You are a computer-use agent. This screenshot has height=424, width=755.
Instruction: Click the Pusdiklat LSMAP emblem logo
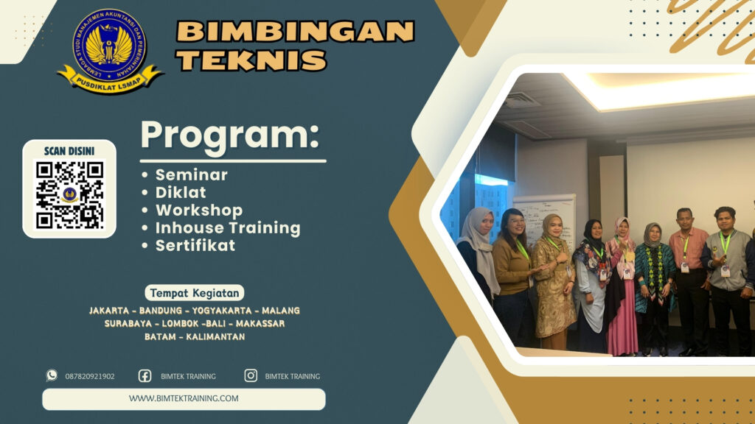110,50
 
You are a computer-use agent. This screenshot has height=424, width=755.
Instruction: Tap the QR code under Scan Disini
69,194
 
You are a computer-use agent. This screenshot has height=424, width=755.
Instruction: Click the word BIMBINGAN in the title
295,32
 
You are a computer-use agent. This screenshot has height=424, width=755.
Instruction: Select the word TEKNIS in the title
251,60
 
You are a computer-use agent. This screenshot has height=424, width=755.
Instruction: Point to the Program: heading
230,135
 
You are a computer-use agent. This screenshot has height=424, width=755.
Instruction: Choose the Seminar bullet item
191,175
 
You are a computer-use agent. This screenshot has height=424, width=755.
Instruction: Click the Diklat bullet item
181,193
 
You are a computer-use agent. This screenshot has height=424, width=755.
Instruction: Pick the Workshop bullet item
198,211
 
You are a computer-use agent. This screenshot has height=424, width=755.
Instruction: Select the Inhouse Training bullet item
227,228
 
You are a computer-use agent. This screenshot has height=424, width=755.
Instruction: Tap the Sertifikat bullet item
195,246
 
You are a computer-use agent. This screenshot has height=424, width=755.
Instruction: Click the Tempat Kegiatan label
195,293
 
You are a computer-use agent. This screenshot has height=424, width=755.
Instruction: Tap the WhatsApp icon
52,375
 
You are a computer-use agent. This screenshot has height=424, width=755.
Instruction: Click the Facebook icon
145,375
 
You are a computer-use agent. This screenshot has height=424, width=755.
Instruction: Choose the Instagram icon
251,375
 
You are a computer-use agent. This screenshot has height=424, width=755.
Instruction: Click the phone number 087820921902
90,376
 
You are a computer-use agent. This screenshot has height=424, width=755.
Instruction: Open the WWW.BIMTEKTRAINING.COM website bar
184,399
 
